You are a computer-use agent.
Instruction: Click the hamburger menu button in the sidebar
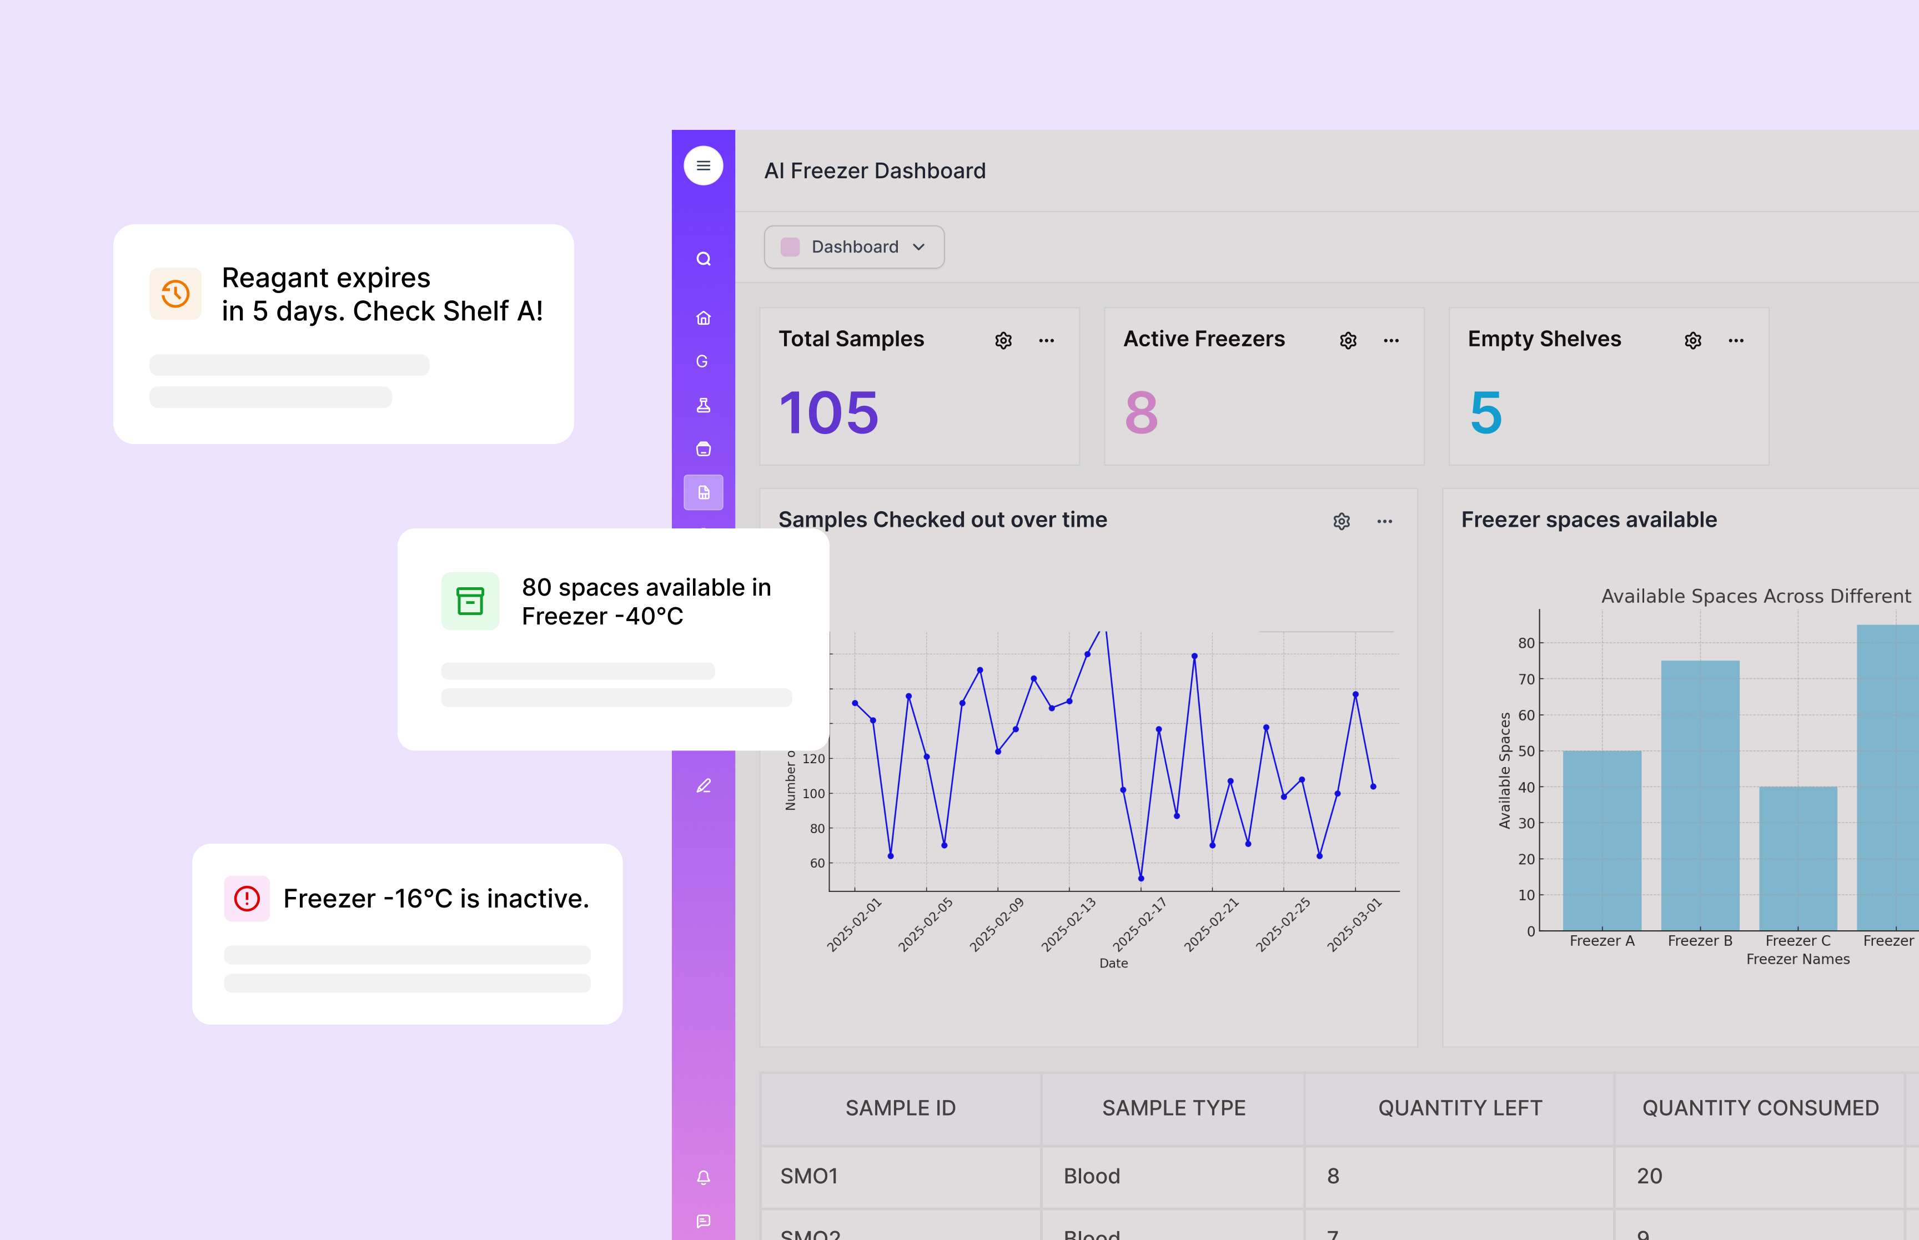tap(703, 166)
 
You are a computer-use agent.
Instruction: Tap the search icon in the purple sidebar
tap(703, 259)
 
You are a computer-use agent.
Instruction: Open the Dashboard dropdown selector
tap(853, 247)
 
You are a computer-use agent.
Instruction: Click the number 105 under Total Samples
tap(828, 413)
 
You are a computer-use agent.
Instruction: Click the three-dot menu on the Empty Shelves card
tap(1735, 341)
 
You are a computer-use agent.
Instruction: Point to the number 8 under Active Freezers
tap(1141, 413)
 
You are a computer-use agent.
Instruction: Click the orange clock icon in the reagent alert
tap(175, 294)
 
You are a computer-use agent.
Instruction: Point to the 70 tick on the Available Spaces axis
tap(1526, 679)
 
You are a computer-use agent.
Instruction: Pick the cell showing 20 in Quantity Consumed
tap(1649, 1176)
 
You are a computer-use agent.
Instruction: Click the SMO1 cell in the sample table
tap(810, 1176)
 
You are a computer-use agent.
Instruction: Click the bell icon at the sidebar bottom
tap(703, 1177)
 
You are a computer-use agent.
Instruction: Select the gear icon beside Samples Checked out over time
tap(1341, 522)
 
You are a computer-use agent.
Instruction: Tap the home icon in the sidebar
tap(703, 318)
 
